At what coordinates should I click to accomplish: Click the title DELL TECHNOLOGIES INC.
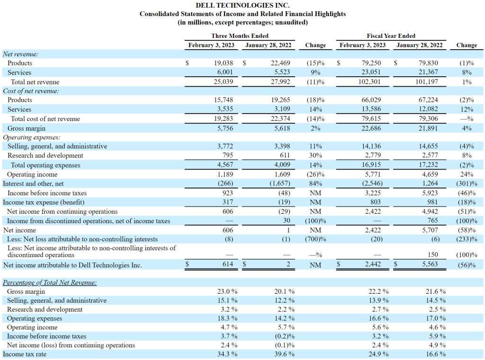click(242, 5)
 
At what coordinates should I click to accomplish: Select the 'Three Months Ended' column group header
click(240, 36)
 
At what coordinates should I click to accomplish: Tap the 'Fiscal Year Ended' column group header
click(391, 36)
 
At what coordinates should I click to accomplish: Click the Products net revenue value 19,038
click(224, 63)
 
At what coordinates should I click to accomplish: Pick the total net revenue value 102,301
click(369, 82)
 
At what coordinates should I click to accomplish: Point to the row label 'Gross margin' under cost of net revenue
click(27, 128)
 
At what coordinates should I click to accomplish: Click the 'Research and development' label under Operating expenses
click(45, 155)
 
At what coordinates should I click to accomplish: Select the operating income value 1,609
click(282, 174)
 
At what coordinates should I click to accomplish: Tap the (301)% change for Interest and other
click(467, 184)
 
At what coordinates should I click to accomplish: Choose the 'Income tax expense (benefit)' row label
click(44, 202)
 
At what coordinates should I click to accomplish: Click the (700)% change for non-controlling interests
click(315, 239)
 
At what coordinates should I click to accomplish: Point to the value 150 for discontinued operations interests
click(433, 254)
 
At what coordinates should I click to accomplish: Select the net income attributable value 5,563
click(430, 264)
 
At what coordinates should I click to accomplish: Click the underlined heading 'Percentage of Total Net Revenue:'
click(50, 282)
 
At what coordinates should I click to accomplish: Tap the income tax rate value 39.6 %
click(284, 354)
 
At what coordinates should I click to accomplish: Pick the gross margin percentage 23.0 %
click(227, 291)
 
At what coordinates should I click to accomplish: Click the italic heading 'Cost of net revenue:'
click(31, 91)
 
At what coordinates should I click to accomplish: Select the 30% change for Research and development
click(315, 155)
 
